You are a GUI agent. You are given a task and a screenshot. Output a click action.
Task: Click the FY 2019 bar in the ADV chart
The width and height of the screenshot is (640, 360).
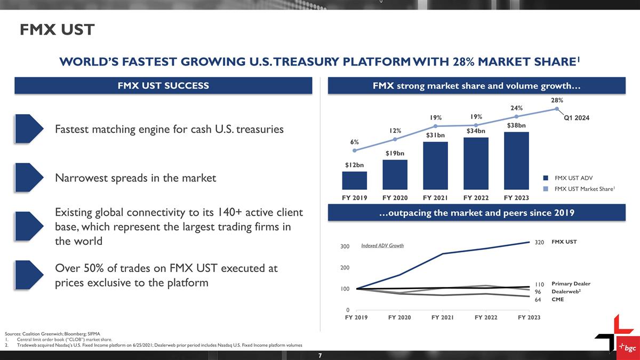pyautogui.click(x=354, y=180)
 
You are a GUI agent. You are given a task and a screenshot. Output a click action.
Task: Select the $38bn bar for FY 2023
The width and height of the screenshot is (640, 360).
pyautogui.click(x=516, y=160)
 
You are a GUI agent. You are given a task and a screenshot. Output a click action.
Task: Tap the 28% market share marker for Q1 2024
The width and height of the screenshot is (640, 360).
pyautogui.click(x=557, y=109)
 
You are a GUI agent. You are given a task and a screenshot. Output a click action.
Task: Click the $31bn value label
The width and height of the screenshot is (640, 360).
pyautogui.click(x=435, y=135)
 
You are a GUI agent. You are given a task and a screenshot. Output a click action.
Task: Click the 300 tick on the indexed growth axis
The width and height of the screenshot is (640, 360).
pyautogui.click(x=345, y=247)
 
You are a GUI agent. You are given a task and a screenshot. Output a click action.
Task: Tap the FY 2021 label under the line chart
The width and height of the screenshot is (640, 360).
pyautogui.click(x=443, y=318)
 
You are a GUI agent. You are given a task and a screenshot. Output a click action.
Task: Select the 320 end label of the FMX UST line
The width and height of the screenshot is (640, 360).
pyautogui.click(x=539, y=242)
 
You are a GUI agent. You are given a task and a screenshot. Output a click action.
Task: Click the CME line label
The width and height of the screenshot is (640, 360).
pyautogui.click(x=557, y=300)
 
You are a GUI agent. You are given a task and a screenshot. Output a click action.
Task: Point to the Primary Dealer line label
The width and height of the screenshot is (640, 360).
pyautogui.click(x=571, y=284)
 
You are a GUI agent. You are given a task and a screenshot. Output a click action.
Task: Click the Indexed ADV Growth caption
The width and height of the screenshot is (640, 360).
pyautogui.click(x=382, y=246)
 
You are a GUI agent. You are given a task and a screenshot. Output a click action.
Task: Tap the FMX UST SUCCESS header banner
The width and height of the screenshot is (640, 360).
pyautogui.click(x=163, y=85)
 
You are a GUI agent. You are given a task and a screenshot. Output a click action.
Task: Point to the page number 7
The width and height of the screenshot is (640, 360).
pyautogui.click(x=319, y=355)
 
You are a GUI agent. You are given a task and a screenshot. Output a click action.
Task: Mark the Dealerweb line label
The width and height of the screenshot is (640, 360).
pyautogui.click(x=566, y=292)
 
